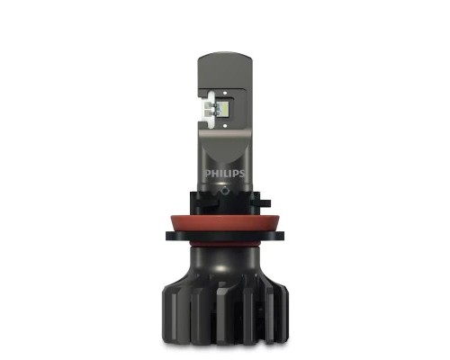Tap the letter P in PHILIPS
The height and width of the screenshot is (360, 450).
tap(207, 170)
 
